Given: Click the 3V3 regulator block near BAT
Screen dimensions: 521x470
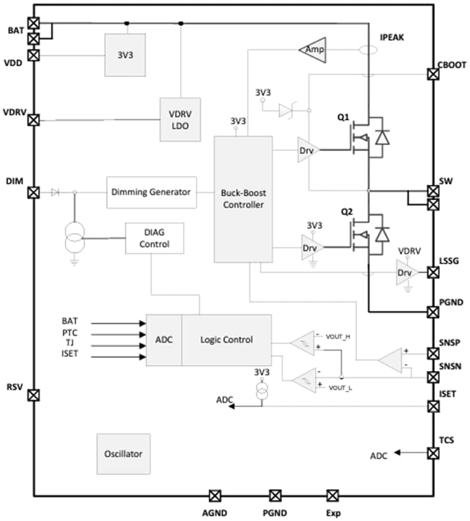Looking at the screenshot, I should click(x=125, y=55).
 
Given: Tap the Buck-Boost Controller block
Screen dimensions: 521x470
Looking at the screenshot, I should click(x=243, y=199).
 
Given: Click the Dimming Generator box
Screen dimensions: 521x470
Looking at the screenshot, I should click(x=152, y=191).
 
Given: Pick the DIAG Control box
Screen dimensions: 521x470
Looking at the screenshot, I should click(x=155, y=238).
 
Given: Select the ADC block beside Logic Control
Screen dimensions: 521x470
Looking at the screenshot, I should click(x=164, y=340).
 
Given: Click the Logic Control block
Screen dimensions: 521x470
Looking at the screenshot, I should click(x=226, y=340).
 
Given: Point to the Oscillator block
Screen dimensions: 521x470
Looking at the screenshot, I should click(x=123, y=453).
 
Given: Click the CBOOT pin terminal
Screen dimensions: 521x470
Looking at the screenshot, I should click(x=433, y=74).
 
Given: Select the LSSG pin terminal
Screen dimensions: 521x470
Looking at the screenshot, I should click(x=433, y=272).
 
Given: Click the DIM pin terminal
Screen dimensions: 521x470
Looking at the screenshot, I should click(x=34, y=192).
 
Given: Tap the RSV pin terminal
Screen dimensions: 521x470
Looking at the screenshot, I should click(x=34, y=395).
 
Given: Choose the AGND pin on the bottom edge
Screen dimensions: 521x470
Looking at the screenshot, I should click(x=216, y=495).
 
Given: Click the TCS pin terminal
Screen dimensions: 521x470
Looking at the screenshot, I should click(x=433, y=453).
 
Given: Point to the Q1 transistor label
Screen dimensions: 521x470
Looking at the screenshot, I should click(x=343, y=117).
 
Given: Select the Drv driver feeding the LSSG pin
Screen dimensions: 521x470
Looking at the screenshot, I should click(x=406, y=273).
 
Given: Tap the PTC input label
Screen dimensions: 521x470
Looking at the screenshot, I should click(x=69, y=333).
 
